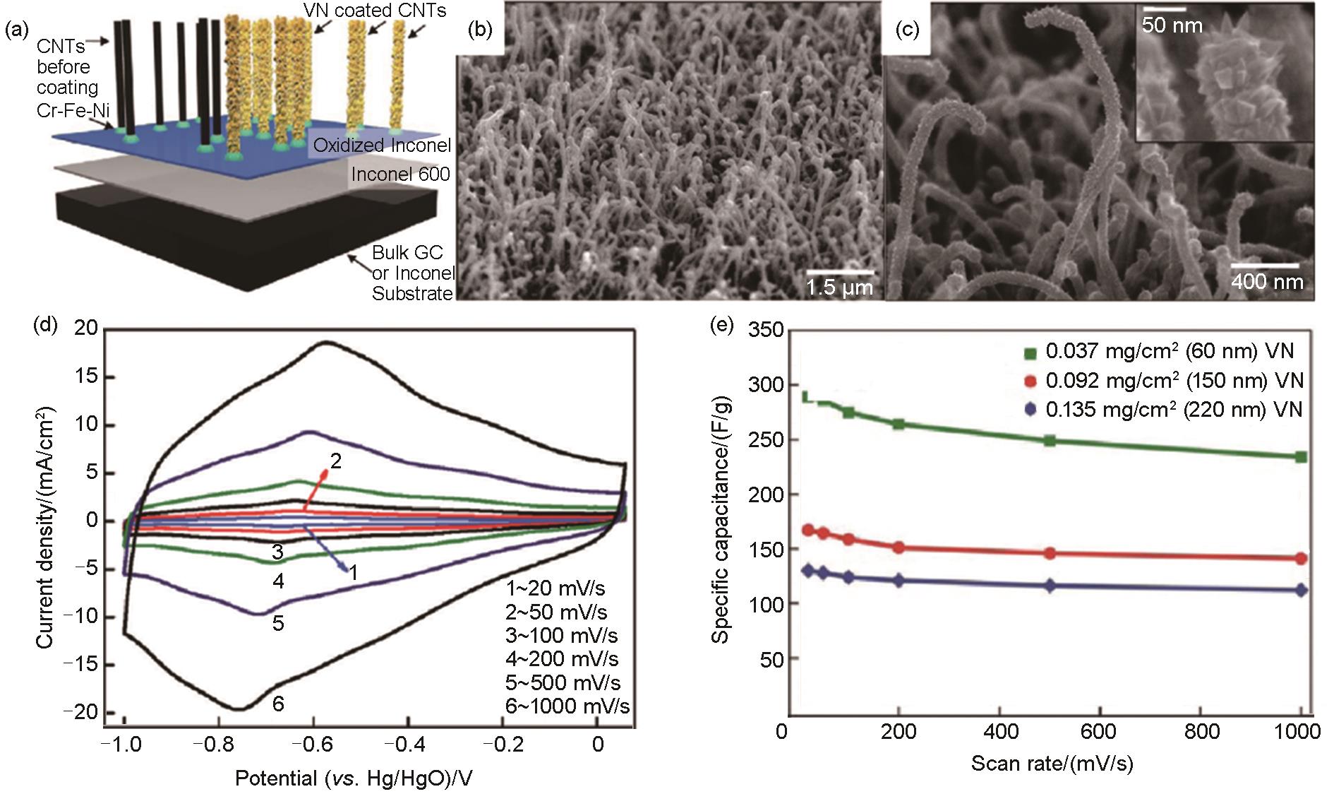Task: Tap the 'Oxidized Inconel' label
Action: coord(382,146)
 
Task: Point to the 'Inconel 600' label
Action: coord(400,174)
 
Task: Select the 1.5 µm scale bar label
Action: coord(840,288)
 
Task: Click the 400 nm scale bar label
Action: coord(1267,282)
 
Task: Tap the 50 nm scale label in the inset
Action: coord(1172,26)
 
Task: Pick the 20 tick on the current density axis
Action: coord(84,328)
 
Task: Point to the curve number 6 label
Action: coord(278,704)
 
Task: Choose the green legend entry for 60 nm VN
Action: coord(1164,351)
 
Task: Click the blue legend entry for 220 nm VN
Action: coord(1164,410)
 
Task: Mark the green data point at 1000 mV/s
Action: coord(1301,457)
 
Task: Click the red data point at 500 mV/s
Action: coord(1050,553)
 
